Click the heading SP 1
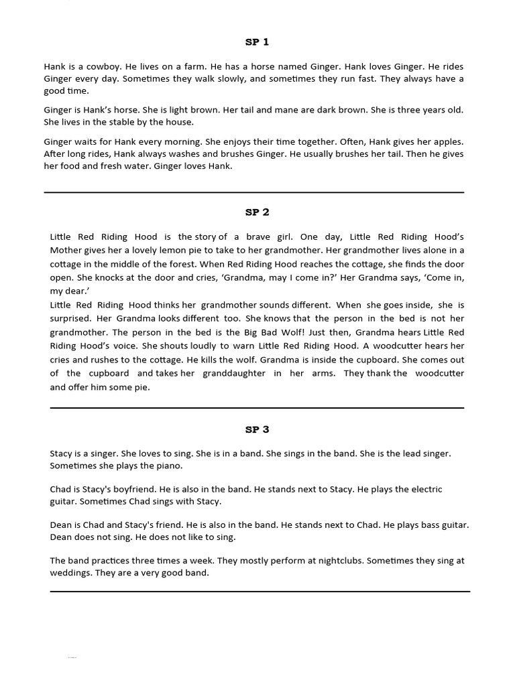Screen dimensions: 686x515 257,42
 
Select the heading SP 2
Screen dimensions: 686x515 257,212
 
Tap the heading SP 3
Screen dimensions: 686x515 257,429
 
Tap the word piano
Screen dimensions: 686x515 168,466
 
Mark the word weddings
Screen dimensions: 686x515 70,573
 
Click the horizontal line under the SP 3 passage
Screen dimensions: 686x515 260,592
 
